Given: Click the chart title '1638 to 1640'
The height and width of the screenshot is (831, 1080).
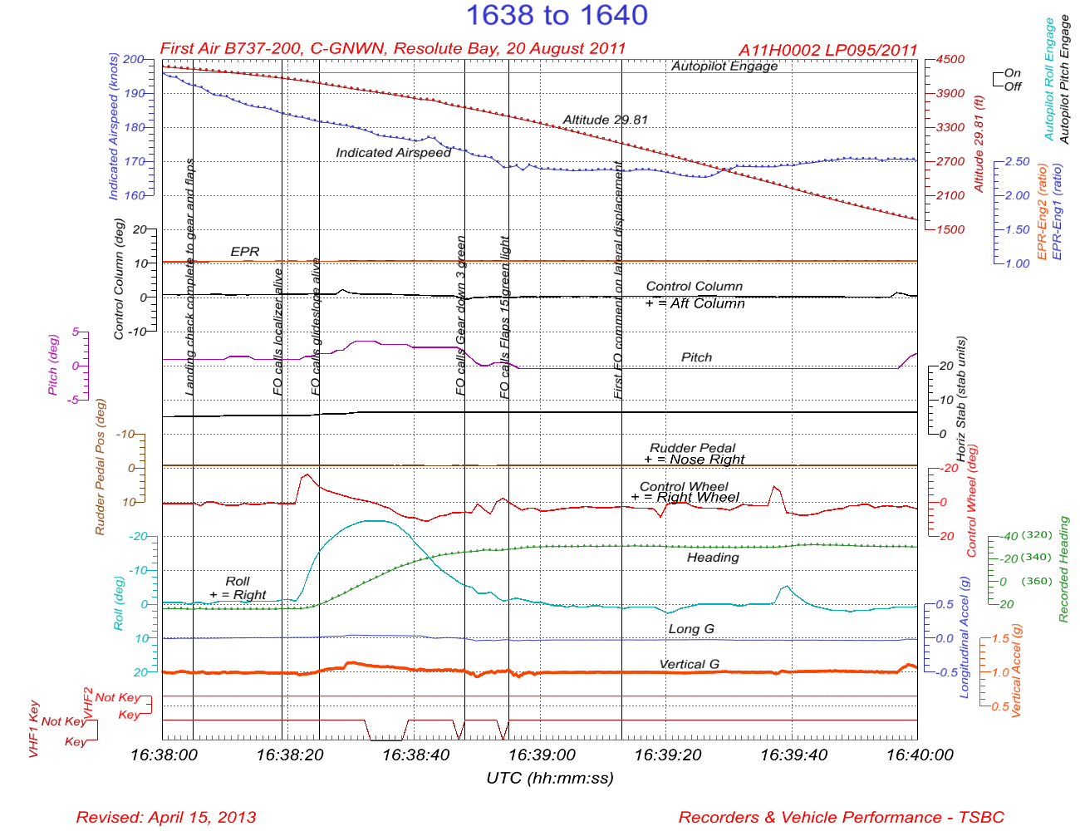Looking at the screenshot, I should tap(556, 15).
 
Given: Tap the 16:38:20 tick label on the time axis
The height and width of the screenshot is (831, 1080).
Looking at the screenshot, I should tap(289, 755).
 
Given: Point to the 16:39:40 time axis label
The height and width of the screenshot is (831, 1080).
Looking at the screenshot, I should tap(793, 755).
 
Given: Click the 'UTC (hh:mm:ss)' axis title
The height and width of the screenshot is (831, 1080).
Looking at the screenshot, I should tap(549, 778).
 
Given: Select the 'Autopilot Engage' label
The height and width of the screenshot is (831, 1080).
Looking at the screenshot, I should tap(724, 66).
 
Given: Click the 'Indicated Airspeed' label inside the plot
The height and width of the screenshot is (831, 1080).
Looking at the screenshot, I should tap(393, 152).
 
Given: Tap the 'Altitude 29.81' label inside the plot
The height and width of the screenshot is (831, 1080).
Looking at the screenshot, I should tap(605, 120).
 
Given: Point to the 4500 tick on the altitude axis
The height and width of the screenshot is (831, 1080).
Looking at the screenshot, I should tap(950, 60).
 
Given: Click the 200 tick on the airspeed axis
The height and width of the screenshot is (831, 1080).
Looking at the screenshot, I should tap(133, 60).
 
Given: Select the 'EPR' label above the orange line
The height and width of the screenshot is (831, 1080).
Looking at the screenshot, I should tap(245, 251).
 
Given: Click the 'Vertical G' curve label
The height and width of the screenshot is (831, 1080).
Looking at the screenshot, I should tap(689, 664).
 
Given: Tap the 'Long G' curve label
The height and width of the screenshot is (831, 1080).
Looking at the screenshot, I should tap(691, 629).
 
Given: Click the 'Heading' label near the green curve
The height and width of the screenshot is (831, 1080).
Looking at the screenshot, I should tap(713, 557).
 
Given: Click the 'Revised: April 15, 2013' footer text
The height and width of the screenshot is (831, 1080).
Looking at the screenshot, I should tap(166, 817).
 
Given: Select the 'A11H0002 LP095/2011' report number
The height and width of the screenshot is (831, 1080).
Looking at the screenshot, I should tap(827, 50).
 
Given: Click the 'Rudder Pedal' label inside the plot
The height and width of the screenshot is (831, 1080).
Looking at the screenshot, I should tap(692, 448).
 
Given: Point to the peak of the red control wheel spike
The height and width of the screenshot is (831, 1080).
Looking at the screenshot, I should tap(307, 475).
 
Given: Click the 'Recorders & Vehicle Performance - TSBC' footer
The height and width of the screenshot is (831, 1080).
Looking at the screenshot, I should tap(841, 817).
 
